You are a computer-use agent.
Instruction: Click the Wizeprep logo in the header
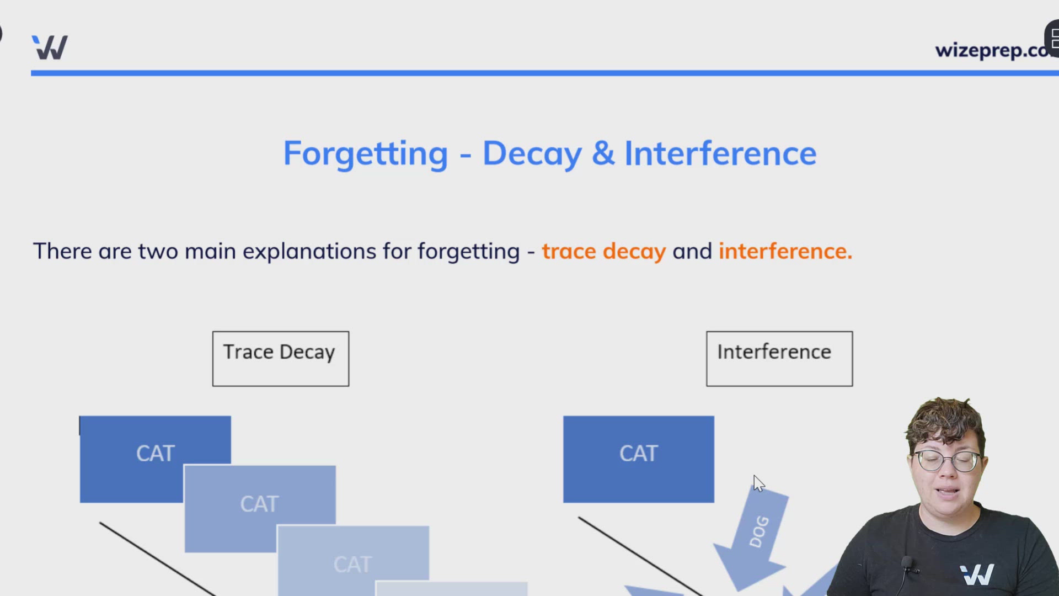click(50, 47)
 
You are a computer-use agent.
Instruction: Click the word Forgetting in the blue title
click(365, 154)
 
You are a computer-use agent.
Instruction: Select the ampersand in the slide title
click(603, 154)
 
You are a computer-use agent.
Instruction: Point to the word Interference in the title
click(720, 154)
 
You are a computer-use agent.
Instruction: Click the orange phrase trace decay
click(603, 252)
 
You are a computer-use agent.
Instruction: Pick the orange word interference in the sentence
click(784, 252)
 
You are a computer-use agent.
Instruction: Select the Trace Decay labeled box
click(280, 358)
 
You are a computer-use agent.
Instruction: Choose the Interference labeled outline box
click(779, 358)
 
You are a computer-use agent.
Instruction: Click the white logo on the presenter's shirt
click(977, 574)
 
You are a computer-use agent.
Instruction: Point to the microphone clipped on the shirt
click(907, 564)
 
